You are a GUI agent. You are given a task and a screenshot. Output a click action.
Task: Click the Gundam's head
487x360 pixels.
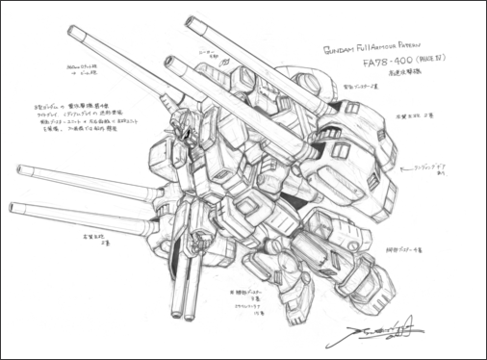point(181,144)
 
